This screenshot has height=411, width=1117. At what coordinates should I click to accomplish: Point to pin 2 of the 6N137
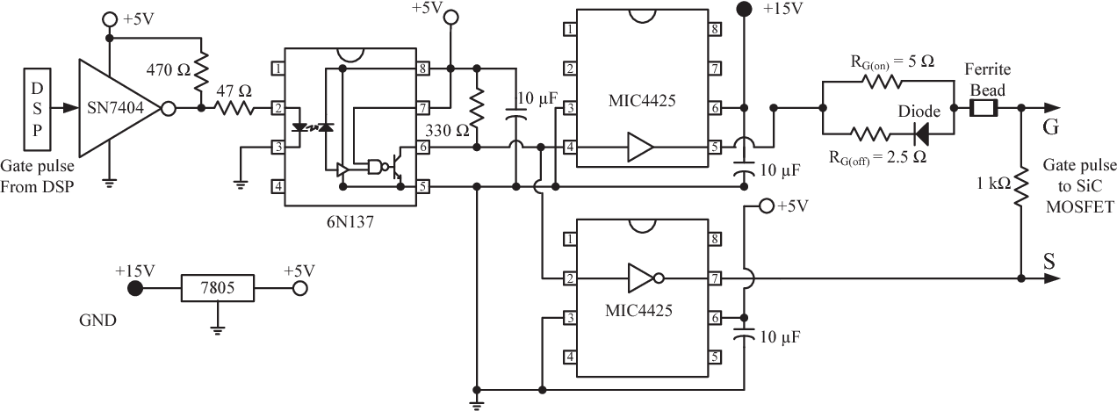[277, 109]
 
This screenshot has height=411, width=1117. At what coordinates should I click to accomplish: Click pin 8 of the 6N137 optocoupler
[423, 68]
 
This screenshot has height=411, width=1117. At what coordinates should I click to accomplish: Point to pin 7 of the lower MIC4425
[716, 278]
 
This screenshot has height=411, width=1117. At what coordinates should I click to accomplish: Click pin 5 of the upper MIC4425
[716, 146]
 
